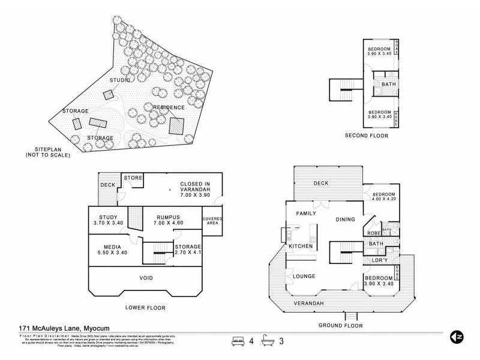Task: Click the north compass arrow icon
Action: (457, 338)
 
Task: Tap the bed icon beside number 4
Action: (238, 341)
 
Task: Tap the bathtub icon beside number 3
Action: (268, 341)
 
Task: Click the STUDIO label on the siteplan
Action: (120, 80)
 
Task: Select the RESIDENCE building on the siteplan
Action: (176, 125)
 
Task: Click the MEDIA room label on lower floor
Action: (112, 247)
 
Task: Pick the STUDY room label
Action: (109, 217)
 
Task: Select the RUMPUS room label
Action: (168, 217)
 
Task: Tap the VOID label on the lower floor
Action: (145, 278)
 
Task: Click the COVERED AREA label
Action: (212, 221)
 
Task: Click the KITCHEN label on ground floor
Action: (301, 247)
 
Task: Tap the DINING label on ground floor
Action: (345, 219)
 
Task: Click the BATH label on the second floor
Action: (388, 85)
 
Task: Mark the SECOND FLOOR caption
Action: (366, 136)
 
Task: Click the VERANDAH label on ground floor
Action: (309, 304)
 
